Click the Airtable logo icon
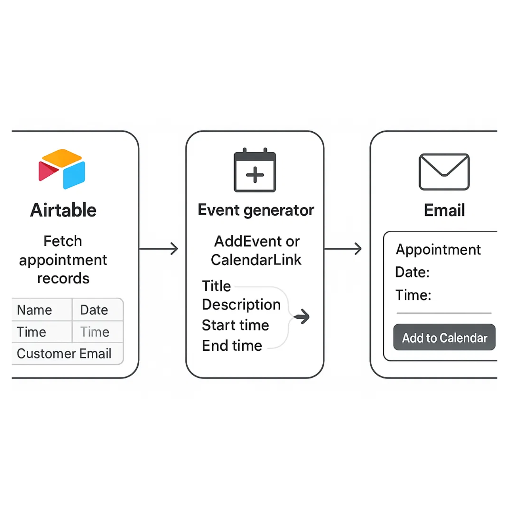coord(62,169)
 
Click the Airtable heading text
coord(63,210)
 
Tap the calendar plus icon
coord(255,171)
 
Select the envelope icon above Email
coord(444,172)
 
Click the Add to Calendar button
coord(444,338)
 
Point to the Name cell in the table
coord(34,310)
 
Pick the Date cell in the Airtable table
coord(94,310)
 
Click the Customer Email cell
coord(64,353)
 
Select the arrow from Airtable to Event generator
coord(159,249)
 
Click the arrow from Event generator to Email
coord(343,249)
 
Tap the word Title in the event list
coord(216,286)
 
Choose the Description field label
coord(241,305)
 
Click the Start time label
coord(235,325)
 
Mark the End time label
coord(232,346)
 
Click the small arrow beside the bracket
coord(302,317)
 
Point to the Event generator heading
coord(256,210)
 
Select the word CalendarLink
coord(256,260)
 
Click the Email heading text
coord(444,210)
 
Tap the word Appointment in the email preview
coord(438,250)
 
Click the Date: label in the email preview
coord(412,272)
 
